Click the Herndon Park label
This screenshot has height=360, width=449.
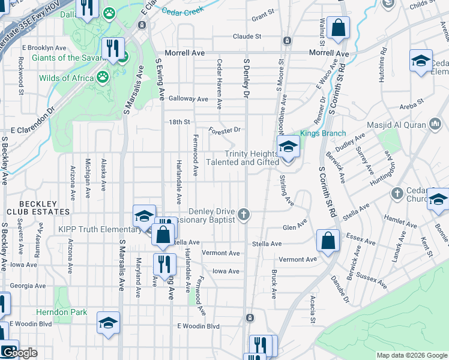(61, 312)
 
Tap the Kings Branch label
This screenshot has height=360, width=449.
(323, 133)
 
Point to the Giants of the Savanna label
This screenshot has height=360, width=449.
(64, 58)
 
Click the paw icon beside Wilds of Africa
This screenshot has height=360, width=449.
(103, 77)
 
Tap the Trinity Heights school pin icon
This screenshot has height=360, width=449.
(288, 148)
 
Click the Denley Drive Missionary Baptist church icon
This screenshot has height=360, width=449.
(243, 214)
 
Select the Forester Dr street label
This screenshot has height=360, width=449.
(224, 130)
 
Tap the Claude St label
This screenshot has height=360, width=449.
(247, 36)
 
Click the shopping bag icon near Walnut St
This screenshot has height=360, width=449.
(339, 28)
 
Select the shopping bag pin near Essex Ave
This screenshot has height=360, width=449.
(328, 241)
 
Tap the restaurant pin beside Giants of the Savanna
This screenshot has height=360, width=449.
(113, 48)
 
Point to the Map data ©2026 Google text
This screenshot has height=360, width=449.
(411, 355)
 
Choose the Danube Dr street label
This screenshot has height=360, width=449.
(340, 289)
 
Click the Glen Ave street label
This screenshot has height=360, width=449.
(295, 227)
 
